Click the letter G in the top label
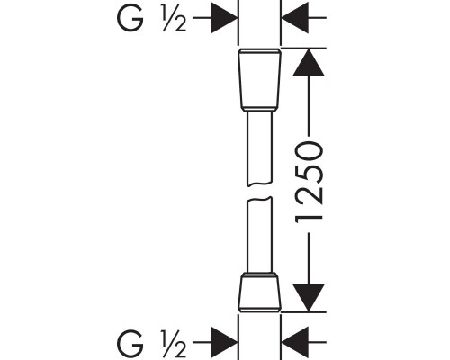tap(130, 17)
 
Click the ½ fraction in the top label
tap(174, 18)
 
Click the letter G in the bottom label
tap(130, 342)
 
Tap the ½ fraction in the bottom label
tap(174, 344)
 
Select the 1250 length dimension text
tap(309, 183)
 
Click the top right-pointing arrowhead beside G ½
tap(224, 18)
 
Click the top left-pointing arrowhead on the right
tap(295, 18)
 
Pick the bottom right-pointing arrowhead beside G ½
tap(224, 342)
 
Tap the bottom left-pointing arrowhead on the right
tap(295, 342)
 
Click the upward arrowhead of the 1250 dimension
tap(309, 62)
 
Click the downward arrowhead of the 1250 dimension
tap(309, 298)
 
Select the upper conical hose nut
tap(260, 79)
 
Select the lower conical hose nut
tap(260, 292)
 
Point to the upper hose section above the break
tap(260, 148)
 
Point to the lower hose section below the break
tap(260, 235)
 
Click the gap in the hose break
tap(260, 192)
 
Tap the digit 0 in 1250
tap(309, 152)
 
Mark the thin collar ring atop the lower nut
tap(260, 274)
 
